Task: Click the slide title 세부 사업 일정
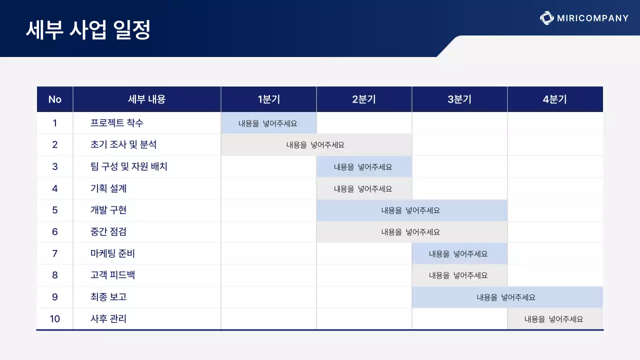tap(88, 30)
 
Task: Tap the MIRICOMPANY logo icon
tap(547, 18)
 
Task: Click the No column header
tap(55, 99)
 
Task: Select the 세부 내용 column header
tap(146, 99)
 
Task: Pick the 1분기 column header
tap(268, 99)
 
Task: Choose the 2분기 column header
tap(364, 99)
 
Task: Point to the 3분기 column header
tap(459, 99)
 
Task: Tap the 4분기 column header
tap(555, 99)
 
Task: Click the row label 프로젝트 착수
tap(117, 123)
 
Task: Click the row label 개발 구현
tap(108, 210)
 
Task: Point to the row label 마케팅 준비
tap(112, 253)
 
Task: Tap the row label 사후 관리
tap(108, 318)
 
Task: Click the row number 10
tap(55, 318)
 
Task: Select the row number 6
tap(55, 231)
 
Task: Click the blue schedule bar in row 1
tap(268, 123)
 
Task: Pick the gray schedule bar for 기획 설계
tap(364, 188)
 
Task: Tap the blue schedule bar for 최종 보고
tap(507, 297)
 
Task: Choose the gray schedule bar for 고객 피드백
tap(459, 275)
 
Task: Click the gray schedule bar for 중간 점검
tap(411, 231)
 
